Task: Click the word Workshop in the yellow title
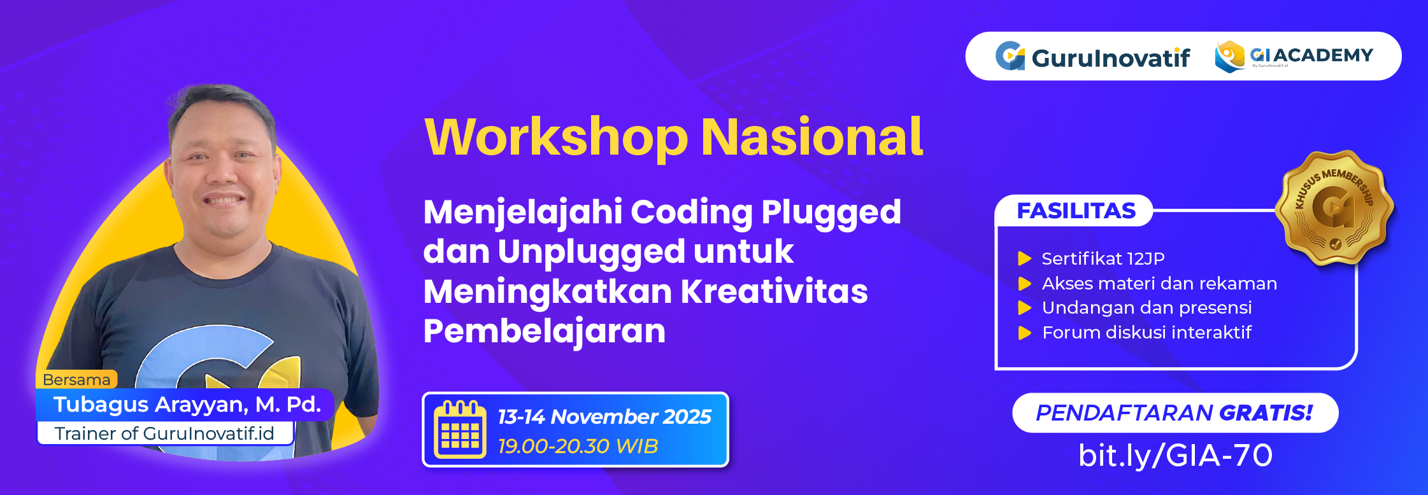click(555, 137)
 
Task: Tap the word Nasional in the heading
click(811, 137)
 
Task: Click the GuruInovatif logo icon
click(1010, 56)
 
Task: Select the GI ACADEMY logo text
click(1312, 55)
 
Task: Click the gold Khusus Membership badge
click(1334, 207)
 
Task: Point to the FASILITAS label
click(1076, 211)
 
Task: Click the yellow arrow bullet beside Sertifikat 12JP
click(1024, 258)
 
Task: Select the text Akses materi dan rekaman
click(1159, 283)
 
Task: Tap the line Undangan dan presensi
click(1146, 308)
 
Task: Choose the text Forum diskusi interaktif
click(1146, 332)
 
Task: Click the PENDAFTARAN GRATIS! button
click(1175, 413)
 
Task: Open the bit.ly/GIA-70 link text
click(1175, 456)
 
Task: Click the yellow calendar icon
click(460, 429)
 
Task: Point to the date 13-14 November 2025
click(604, 417)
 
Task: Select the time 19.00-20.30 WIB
click(578, 446)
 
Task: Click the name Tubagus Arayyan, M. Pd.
click(187, 405)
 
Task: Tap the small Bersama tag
click(76, 380)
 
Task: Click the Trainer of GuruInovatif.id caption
click(164, 433)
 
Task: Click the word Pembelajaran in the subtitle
click(544, 331)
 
